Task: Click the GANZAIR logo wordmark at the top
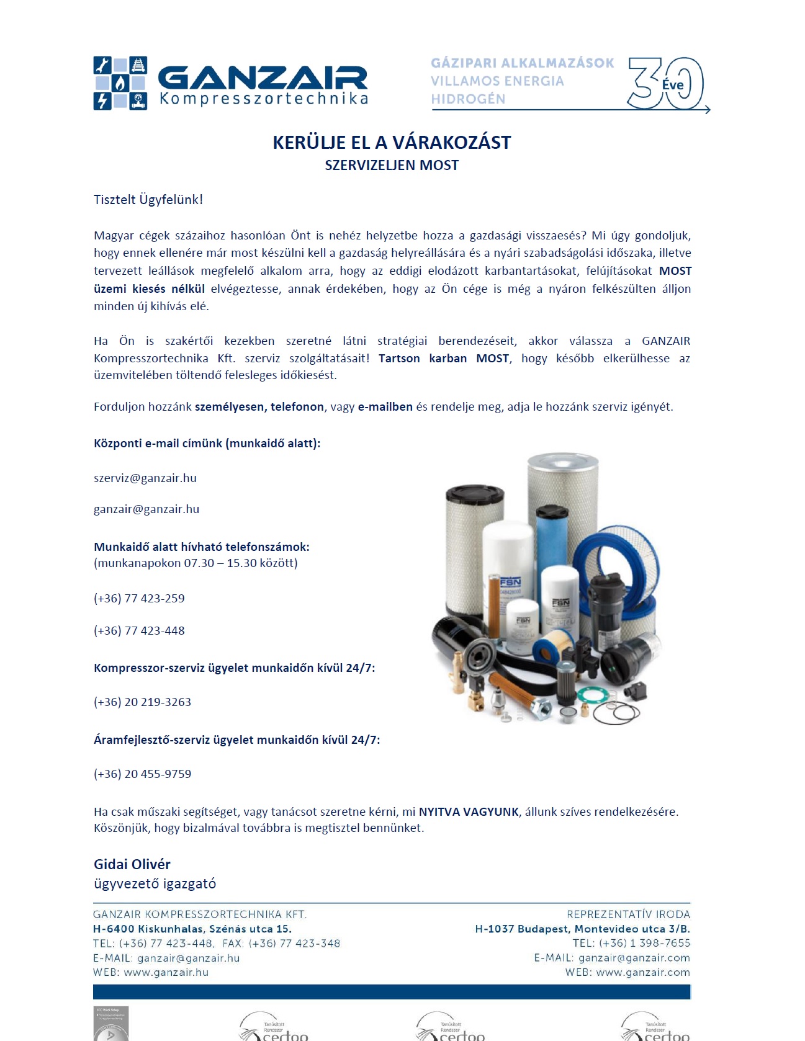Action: [262, 78]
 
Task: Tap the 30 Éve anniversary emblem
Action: [665, 84]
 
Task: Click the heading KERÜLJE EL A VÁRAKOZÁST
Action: [392, 143]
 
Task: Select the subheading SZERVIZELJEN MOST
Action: [392, 166]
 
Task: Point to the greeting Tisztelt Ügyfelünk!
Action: [148, 200]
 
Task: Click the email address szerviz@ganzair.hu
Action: [145, 478]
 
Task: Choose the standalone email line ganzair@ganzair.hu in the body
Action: [146, 509]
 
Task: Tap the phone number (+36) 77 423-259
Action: [139, 599]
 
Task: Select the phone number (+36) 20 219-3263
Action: [142, 702]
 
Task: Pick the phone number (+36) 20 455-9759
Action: [142, 774]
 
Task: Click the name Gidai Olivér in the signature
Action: [132, 864]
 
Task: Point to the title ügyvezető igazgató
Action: [155, 884]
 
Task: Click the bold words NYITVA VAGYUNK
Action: [469, 812]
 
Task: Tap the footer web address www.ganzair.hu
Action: [166, 973]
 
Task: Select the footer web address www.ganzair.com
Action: [642, 973]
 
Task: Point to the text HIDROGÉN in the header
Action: [468, 99]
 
